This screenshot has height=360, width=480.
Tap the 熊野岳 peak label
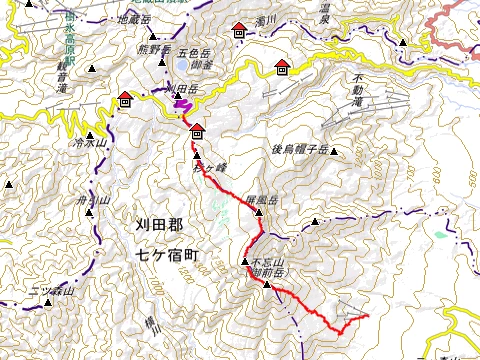(x=154, y=47)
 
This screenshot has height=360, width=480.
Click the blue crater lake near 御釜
(x=182, y=67)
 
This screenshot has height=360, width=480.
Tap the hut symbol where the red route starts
(x=197, y=129)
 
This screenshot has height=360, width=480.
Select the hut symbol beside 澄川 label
(x=239, y=31)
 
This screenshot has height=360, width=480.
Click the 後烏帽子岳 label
(x=300, y=149)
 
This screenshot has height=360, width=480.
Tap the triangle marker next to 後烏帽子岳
(x=334, y=152)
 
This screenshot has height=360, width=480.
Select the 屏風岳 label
(x=259, y=199)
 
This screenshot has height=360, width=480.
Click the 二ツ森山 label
(x=47, y=291)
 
